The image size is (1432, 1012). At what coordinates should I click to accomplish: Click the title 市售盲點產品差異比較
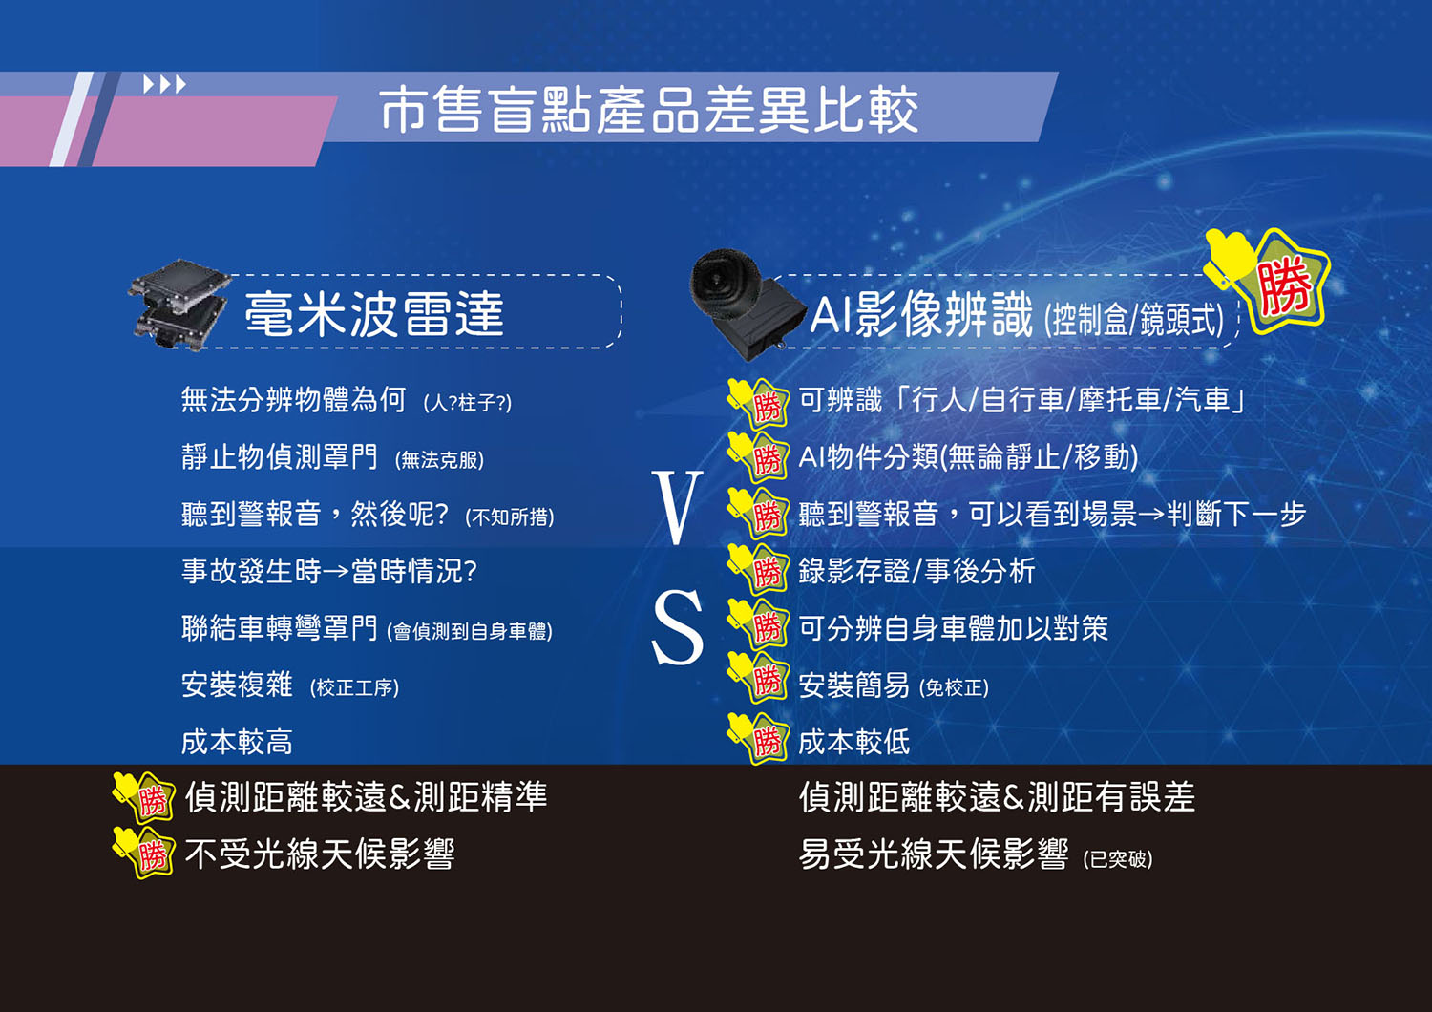click(x=648, y=111)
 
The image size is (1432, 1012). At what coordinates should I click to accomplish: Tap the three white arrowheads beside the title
click(x=164, y=84)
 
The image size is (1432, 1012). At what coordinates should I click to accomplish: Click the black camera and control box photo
click(x=747, y=304)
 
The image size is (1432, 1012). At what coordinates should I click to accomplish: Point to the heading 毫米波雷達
click(x=374, y=313)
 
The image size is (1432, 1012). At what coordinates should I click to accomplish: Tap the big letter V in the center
click(x=676, y=507)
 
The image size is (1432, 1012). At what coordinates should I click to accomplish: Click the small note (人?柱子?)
click(x=468, y=403)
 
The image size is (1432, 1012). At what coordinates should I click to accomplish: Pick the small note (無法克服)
click(x=439, y=459)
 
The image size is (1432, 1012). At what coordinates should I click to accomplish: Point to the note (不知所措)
click(x=510, y=517)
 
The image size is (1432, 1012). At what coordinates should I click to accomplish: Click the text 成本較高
click(x=237, y=742)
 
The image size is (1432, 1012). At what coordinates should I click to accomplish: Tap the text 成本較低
click(x=854, y=742)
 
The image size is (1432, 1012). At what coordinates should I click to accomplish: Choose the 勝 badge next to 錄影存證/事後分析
click(x=758, y=569)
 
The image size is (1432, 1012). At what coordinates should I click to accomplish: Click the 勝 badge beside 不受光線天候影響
click(x=144, y=853)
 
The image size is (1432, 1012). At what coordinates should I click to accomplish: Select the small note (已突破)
click(x=1118, y=859)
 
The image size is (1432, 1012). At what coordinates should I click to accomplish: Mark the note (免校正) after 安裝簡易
click(x=954, y=688)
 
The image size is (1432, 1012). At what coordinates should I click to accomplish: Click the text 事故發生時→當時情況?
click(x=329, y=571)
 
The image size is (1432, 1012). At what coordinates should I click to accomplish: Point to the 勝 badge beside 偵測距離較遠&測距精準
click(x=144, y=797)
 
